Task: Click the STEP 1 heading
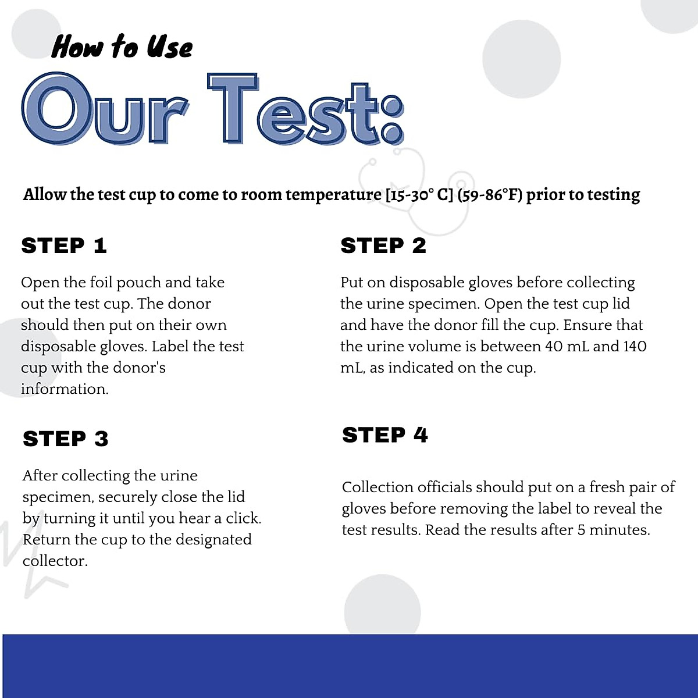pos(64,245)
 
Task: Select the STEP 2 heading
pos(383,245)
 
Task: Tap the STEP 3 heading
pos(66,439)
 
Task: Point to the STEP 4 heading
pos(385,435)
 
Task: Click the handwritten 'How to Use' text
pos(122,47)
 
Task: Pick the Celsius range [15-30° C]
pos(419,194)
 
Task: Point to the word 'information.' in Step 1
pos(65,389)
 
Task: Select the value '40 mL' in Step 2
pos(567,347)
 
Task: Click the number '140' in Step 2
pos(635,347)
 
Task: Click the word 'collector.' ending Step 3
pos(55,561)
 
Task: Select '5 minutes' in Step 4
pos(613,530)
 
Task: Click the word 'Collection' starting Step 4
pos(378,487)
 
